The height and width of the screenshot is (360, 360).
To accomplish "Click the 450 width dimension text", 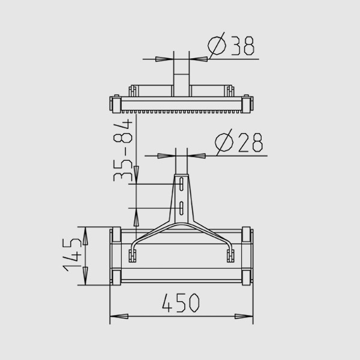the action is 181,302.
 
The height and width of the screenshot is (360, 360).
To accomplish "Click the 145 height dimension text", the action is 72,254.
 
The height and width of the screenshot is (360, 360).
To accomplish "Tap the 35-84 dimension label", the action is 123,151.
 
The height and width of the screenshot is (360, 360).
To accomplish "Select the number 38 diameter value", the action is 242,46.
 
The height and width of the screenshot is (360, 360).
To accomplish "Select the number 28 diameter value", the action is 250,143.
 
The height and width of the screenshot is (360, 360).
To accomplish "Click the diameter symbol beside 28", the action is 224,142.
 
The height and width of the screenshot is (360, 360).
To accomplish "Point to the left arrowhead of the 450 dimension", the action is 119,316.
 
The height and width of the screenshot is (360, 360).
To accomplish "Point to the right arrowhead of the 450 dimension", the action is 244,316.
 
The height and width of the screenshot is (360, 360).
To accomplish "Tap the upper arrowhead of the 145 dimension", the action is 85,236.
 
